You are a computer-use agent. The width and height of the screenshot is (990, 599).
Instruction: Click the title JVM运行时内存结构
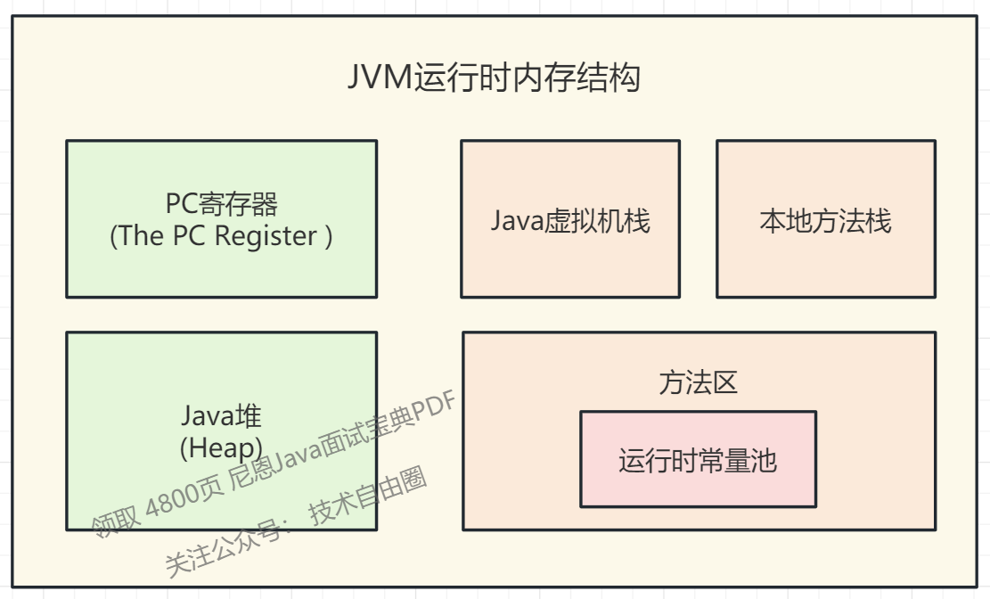pos(494,78)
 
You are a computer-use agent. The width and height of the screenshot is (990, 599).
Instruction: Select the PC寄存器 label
pos(221,204)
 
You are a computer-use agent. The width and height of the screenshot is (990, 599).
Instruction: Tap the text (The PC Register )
pos(221,236)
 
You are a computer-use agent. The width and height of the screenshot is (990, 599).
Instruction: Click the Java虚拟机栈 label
pos(570,220)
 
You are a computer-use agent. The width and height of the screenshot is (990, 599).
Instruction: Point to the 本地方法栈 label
pos(825,220)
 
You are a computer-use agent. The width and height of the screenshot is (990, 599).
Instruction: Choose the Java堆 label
pos(221,415)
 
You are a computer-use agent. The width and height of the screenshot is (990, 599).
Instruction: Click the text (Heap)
pos(221,447)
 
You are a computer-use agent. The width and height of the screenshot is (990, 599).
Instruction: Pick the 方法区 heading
pos(698,382)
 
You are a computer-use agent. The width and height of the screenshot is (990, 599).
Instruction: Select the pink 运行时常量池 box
pos(698,459)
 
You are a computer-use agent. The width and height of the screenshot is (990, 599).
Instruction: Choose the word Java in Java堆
pos(207,415)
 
